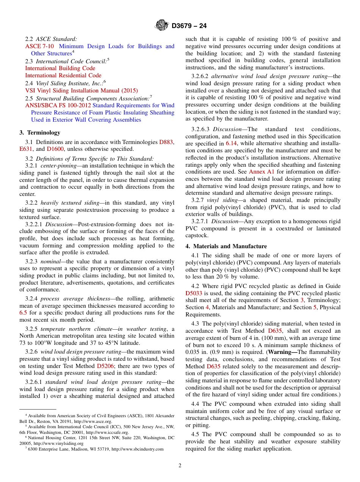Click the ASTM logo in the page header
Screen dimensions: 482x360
(x=162, y=26)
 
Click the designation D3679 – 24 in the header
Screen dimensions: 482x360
(x=189, y=26)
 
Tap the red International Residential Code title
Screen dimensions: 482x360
(x=63, y=75)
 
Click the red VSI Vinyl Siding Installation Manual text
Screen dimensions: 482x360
(x=81, y=91)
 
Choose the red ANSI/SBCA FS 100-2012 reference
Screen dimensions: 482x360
(x=58, y=105)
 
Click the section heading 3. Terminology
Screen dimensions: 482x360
(x=40, y=133)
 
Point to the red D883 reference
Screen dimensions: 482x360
(x=166, y=142)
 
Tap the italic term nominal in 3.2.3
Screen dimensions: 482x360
(x=51, y=261)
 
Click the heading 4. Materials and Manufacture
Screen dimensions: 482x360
(x=226, y=246)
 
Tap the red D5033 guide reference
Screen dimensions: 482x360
(x=194, y=293)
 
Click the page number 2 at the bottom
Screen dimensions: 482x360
(x=180, y=466)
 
